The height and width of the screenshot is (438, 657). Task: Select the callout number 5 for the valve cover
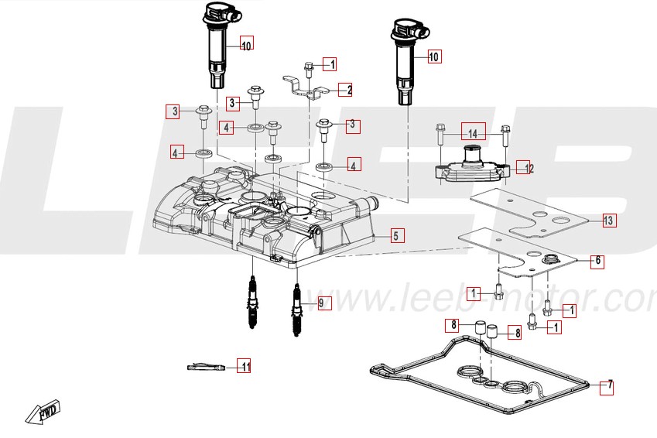[395, 235]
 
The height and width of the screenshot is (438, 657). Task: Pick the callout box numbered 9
[323, 303]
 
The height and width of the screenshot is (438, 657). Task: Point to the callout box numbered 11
[244, 367]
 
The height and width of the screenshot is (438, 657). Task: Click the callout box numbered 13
[608, 221]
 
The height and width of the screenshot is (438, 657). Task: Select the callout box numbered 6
[596, 261]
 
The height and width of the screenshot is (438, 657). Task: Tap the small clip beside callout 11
[206, 368]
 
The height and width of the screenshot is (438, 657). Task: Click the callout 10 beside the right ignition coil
[433, 56]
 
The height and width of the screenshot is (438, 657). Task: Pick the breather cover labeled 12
[471, 166]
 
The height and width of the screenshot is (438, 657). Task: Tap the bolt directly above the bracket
[309, 70]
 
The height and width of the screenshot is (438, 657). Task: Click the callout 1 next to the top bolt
[329, 64]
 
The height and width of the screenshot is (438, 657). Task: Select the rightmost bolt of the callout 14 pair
[506, 135]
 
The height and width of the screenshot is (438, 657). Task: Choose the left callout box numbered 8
[455, 324]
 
